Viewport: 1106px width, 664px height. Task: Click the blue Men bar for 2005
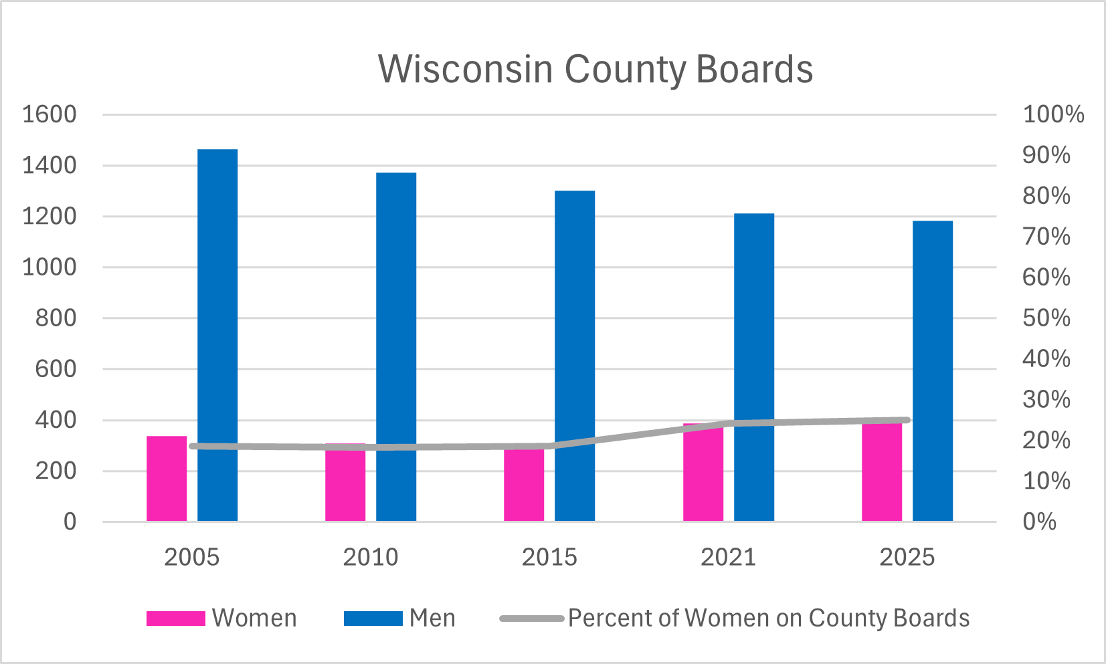[217, 334]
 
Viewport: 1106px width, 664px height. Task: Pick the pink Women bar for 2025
[882, 475]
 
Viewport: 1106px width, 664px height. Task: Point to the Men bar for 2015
[575, 355]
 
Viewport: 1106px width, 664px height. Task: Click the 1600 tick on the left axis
[50, 114]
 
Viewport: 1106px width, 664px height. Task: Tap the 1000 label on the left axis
[50, 267]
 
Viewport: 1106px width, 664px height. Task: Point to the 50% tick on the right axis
[1046, 318]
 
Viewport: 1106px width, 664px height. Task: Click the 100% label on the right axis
[1052, 114]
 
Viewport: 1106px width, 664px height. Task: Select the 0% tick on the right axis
[1039, 522]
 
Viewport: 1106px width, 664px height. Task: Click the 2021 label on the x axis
[728, 557]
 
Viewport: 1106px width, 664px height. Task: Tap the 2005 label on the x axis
[191, 557]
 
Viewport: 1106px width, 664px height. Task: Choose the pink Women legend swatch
[175, 619]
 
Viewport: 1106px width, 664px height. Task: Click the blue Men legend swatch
[373, 619]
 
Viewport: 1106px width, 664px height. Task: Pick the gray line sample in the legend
[532, 619]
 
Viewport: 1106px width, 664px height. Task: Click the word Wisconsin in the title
[465, 69]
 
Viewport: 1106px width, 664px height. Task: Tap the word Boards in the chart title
[754, 69]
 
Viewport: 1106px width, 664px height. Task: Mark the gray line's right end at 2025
[907, 421]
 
